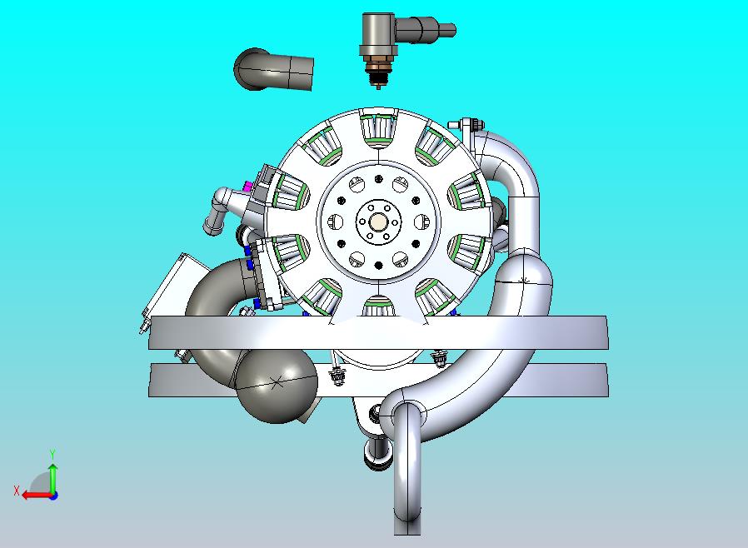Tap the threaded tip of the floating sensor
(x=379, y=80)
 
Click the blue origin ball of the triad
(x=52, y=494)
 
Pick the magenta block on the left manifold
(x=247, y=185)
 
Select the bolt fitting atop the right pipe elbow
(x=468, y=125)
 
